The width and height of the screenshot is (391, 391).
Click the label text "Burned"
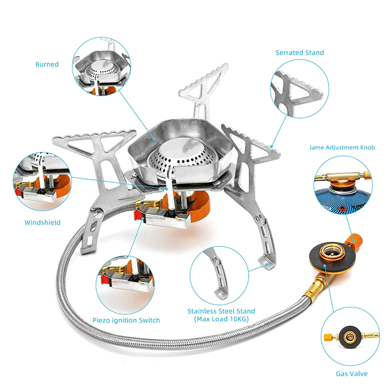(x=47, y=64)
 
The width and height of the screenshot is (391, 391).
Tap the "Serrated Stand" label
(x=300, y=52)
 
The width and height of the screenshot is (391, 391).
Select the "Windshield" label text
(x=43, y=222)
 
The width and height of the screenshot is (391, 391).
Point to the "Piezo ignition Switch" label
(x=126, y=321)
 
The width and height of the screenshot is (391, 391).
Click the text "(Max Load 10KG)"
(x=221, y=319)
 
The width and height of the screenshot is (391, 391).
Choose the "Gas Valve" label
(x=351, y=374)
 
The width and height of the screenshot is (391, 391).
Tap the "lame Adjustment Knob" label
(x=342, y=147)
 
